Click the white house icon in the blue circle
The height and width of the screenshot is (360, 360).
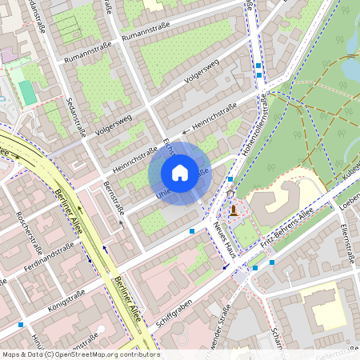[x=180, y=172]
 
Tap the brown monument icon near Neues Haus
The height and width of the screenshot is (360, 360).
[x=233, y=210]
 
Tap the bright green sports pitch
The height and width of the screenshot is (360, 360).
[x=28, y=92]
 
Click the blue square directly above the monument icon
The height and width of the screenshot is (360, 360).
[x=230, y=179]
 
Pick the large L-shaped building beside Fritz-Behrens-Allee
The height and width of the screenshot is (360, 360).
[x=276, y=200]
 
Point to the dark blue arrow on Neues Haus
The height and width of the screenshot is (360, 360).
[x=225, y=267]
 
